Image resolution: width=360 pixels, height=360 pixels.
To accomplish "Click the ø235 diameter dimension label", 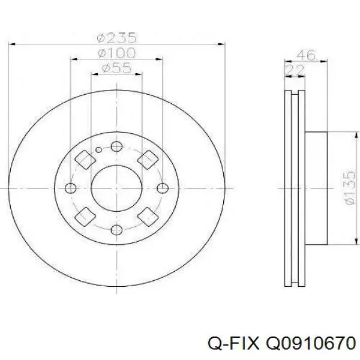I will click(x=117, y=37).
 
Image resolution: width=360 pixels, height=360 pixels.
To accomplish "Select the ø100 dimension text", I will click(x=117, y=53).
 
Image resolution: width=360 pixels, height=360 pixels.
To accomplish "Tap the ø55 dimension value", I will click(x=117, y=68).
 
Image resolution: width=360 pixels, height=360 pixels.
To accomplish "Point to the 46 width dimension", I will click(x=307, y=55).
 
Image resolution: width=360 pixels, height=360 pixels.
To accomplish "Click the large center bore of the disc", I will click(x=117, y=188).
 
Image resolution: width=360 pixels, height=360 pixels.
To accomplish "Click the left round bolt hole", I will click(x=71, y=188).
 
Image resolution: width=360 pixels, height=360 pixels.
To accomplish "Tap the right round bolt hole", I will click(x=163, y=188).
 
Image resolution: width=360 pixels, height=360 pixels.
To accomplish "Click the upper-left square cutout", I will click(x=85, y=159).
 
